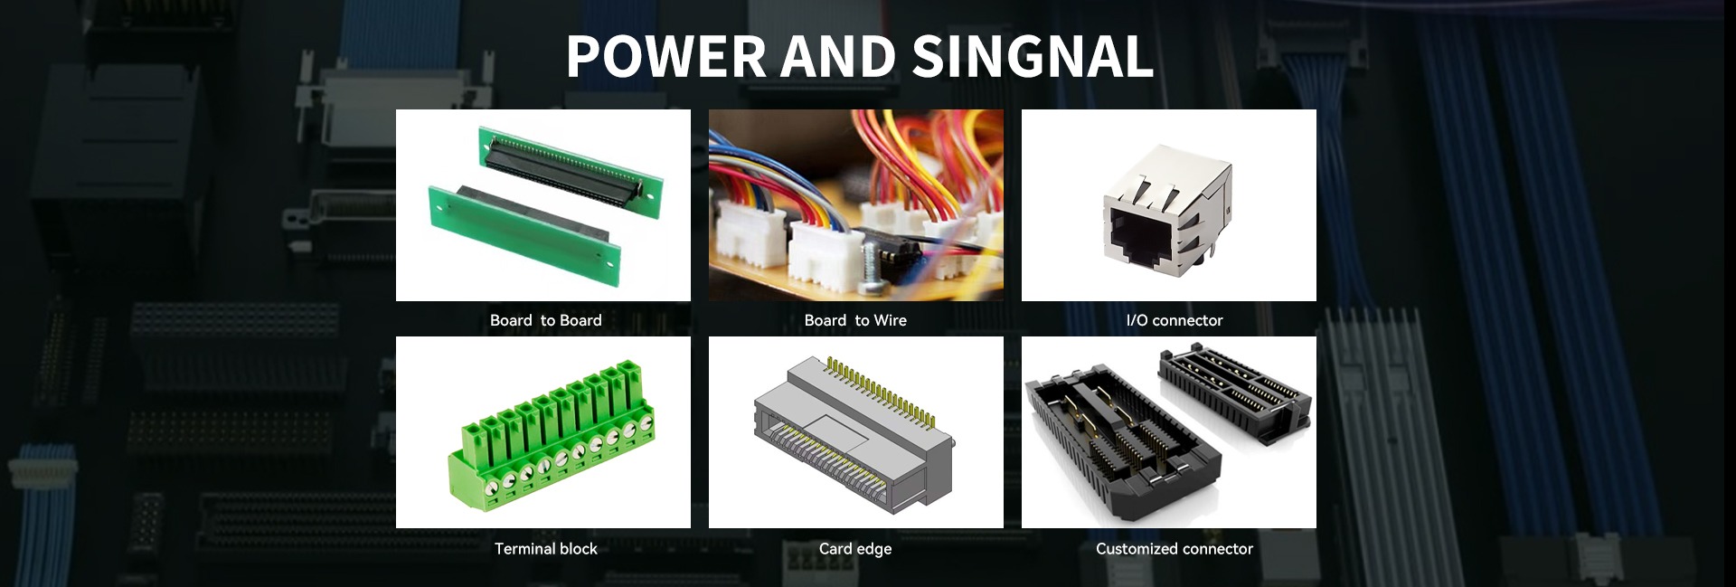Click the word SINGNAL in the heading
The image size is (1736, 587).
1033,57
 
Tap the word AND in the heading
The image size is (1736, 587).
837,57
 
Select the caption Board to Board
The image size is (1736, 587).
545,320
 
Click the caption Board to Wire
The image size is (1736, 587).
855,320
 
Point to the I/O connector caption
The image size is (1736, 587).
1174,320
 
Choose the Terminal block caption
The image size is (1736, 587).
545,549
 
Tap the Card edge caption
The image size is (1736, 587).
855,549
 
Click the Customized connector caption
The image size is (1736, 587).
1174,549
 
